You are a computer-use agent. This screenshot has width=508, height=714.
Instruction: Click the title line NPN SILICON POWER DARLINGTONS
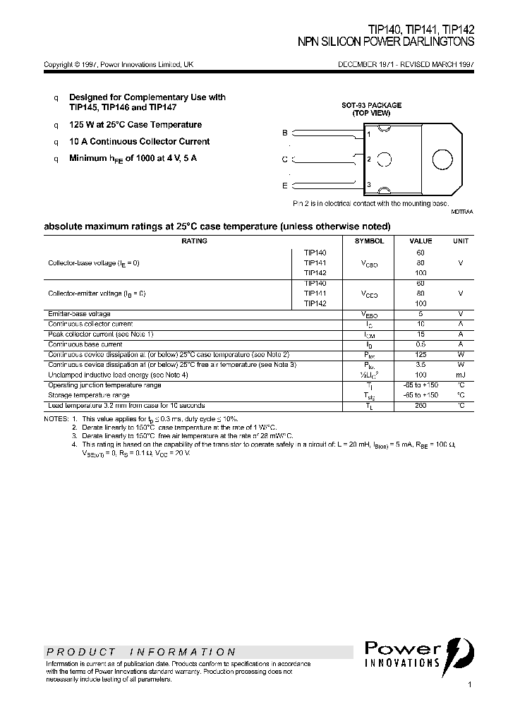click(386, 42)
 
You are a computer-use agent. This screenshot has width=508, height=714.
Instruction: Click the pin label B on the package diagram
click(284, 133)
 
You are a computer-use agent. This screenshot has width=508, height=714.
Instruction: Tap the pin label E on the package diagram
click(284, 186)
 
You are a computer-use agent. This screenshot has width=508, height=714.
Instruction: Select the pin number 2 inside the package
click(369, 159)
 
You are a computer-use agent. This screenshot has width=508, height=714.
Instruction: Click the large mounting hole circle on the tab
click(442, 159)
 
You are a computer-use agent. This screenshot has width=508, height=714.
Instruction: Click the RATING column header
click(194, 241)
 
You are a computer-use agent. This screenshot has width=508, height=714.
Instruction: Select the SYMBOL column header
click(369, 241)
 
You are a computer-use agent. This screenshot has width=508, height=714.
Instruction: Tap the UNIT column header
click(461, 241)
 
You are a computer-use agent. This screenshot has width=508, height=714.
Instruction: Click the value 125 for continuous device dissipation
click(421, 354)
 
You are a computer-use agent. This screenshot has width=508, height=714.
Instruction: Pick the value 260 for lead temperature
click(421, 406)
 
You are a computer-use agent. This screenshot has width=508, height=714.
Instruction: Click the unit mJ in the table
click(461, 375)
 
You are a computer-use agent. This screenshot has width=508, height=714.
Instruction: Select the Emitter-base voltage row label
click(79, 314)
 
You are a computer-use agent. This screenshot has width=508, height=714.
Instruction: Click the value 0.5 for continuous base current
click(421, 344)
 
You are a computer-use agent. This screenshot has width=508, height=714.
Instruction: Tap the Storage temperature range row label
click(89, 395)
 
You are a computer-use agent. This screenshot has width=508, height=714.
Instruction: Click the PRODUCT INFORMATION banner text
click(141, 652)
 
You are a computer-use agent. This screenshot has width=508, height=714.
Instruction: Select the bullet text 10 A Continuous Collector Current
click(139, 142)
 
